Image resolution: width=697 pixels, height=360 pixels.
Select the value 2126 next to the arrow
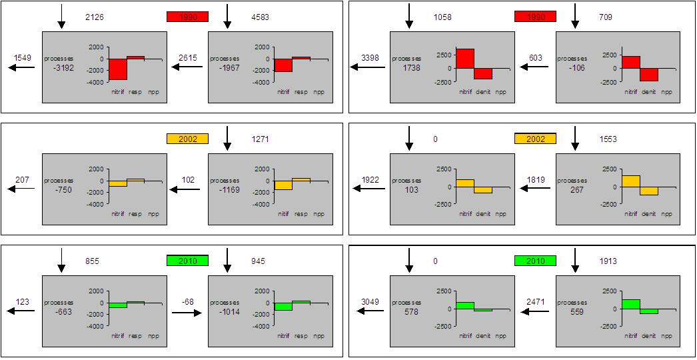(x=94, y=17)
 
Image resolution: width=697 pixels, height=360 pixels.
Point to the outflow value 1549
(x=23, y=58)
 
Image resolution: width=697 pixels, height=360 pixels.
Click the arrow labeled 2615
(x=186, y=67)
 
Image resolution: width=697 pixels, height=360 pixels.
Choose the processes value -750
(x=59, y=189)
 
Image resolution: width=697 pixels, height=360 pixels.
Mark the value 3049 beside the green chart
(x=370, y=301)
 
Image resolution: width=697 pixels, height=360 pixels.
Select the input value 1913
(x=607, y=261)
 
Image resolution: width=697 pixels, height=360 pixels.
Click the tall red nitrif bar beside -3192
(x=118, y=69)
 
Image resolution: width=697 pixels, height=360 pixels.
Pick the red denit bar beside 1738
(x=483, y=73)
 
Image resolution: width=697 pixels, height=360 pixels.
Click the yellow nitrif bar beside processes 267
(x=630, y=181)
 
